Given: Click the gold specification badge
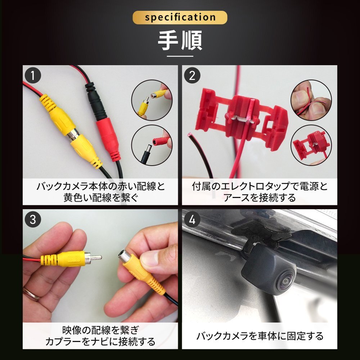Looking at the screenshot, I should tap(180, 17).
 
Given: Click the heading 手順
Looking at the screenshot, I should tap(180, 41).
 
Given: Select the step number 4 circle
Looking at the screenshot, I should tap(192, 220).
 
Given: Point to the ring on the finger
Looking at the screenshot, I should tap(32, 293).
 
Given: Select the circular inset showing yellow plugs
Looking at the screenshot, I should tap(152, 100).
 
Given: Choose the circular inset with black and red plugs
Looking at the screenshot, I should tap(152, 145).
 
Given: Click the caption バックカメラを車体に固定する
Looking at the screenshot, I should tap(260, 336).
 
